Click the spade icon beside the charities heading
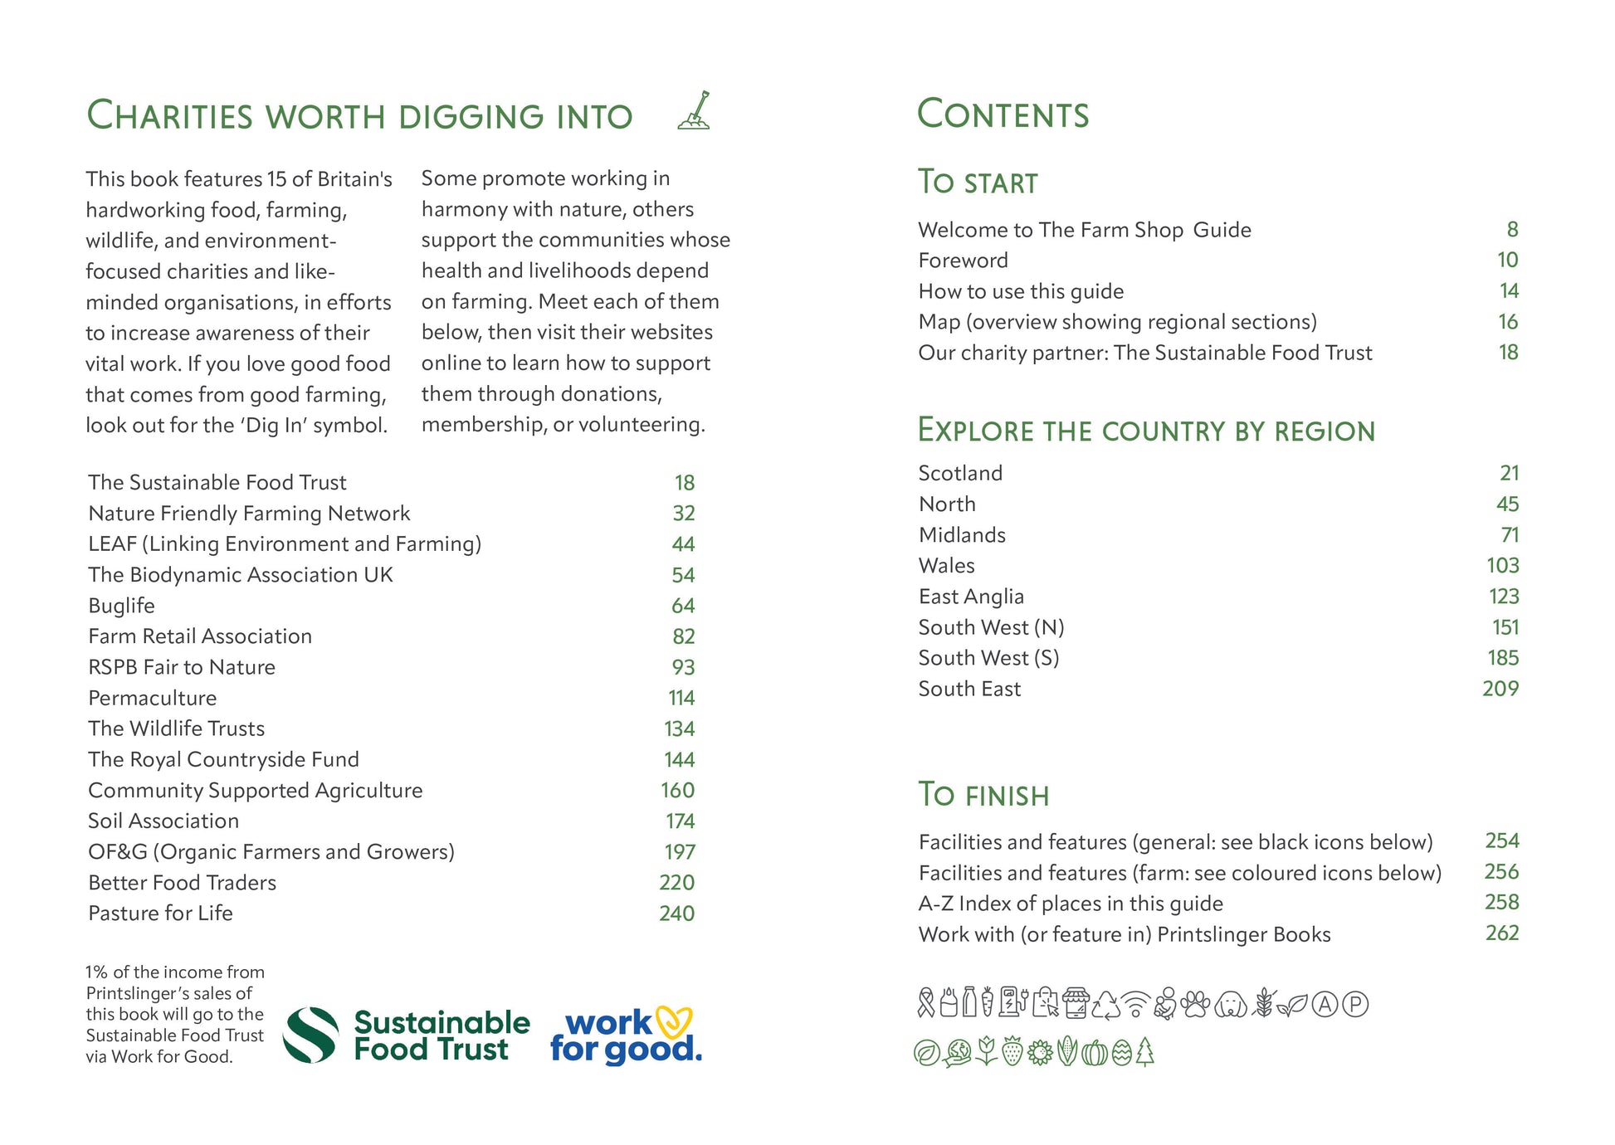pos(694,111)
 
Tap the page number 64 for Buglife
pos(683,607)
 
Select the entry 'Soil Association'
pos(163,821)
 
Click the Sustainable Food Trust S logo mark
pos(310,1035)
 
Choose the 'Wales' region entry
pos(946,566)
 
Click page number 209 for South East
pos(1500,689)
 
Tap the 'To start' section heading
pos(978,183)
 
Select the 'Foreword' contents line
pos(963,261)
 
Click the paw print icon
pos(1196,1004)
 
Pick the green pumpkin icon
pos(1095,1053)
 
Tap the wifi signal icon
pos(1135,1005)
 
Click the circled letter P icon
pos(1355,1005)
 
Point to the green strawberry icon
pos(1012,1052)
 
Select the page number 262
pos(1501,933)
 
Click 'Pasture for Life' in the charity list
pos(160,914)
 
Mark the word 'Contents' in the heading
pos(1003,114)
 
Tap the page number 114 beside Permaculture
pos(681,699)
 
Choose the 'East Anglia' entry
pos(971,597)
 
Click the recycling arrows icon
pos(1106,1005)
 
